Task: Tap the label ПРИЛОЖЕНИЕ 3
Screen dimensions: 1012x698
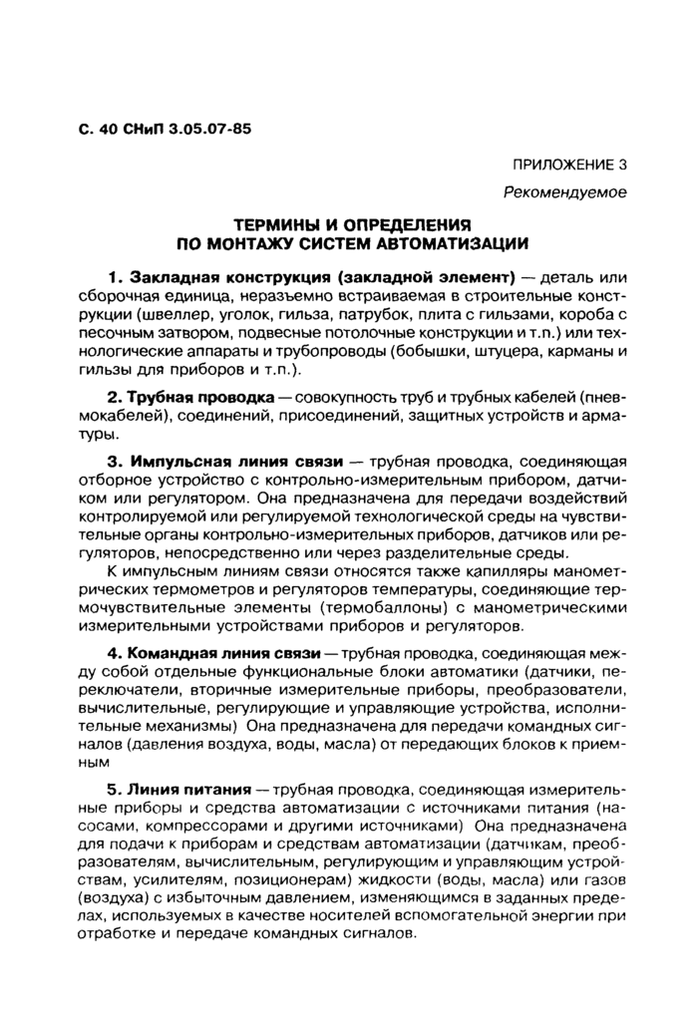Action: (x=569, y=166)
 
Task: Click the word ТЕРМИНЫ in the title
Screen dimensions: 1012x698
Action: (x=283, y=225)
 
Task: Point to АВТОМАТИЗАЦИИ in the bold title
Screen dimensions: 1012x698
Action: (x=450, y=243)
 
